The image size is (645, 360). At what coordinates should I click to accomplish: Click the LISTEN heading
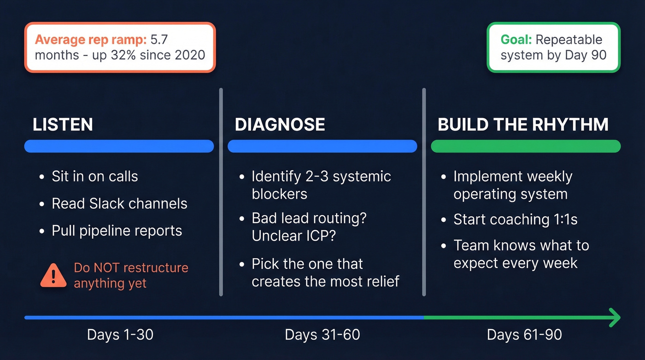coord(63,125)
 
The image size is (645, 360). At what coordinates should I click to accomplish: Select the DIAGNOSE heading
coord(280,125)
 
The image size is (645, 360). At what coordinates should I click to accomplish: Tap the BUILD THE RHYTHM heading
coord(523,125)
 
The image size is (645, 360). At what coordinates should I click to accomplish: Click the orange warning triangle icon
coord(53,276)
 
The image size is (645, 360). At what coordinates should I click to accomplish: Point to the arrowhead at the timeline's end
coord(615,318)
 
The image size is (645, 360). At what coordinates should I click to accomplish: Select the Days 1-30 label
coord(120,335)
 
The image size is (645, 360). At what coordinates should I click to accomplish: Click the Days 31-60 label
coord(322,335)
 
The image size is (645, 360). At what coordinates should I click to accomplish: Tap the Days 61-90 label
coord(524,335)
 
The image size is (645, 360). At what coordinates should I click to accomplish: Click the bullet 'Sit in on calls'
coord(94,176)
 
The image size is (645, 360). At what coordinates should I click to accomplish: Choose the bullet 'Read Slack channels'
coord(119,204)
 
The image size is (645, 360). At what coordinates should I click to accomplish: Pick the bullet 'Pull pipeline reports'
coord(117,230)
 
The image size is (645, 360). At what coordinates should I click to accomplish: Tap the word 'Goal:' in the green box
coord(516,40)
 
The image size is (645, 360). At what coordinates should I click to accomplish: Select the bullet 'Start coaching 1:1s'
coord(515,219)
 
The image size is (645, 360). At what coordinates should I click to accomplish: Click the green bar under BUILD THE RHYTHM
coord(526,146)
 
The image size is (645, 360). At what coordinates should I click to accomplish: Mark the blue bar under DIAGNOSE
coord(322,146)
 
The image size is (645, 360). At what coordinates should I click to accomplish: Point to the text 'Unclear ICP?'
coord(293,236)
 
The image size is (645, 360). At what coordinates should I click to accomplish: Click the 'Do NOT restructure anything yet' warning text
coord(130,275)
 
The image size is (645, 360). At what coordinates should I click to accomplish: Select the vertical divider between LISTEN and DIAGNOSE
coord(221,191)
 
